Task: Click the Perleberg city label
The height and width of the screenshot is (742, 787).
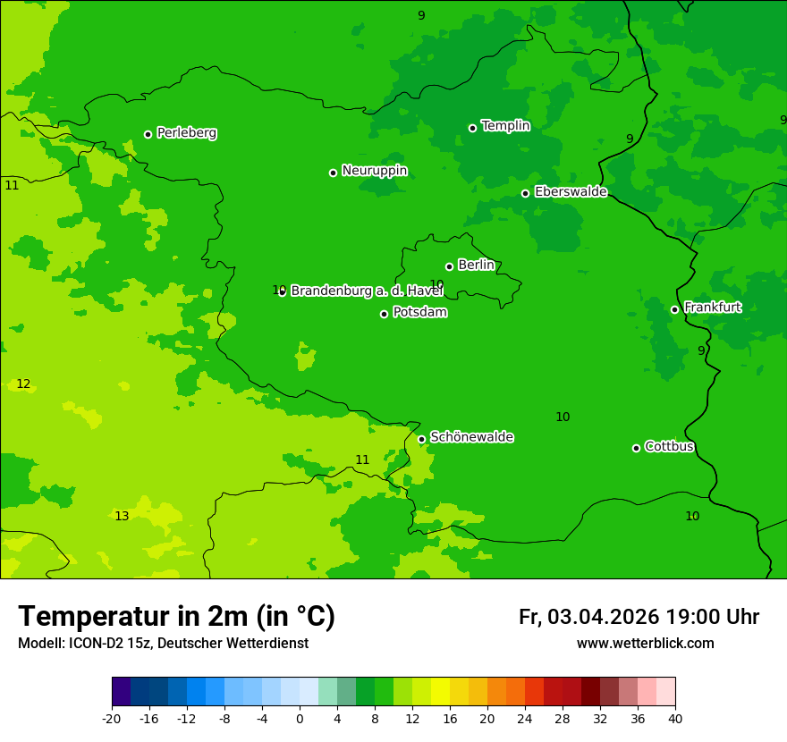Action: [186, 133]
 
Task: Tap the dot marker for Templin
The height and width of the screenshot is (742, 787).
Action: [472, 128]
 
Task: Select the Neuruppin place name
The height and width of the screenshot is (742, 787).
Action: [374, 171]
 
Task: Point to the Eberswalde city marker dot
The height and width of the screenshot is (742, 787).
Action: [525, 193]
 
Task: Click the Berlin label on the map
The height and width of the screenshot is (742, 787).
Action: [476, 265]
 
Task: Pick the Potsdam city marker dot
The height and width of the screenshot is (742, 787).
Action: [384, 314]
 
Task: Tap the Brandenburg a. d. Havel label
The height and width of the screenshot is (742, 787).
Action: [367, 291]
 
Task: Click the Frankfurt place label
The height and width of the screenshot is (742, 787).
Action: [712, 308]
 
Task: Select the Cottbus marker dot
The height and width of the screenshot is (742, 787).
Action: [636, 448]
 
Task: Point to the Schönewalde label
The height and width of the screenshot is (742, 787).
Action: [471, 437]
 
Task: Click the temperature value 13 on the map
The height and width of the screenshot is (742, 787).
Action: [122, 516]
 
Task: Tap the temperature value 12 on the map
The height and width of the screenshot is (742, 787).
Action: [23, 384]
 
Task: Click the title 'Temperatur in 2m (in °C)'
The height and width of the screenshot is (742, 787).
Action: [176, 617]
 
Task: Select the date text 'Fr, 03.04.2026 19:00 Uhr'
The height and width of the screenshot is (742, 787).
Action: [639, 617]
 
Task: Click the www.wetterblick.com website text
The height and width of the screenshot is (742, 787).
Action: [645, 644]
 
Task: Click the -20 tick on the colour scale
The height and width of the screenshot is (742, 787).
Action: [112, 718]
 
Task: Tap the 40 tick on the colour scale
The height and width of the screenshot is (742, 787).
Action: [675, 718]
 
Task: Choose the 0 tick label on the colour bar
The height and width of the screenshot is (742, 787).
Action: [300, 718]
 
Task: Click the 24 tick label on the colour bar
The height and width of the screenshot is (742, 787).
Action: [525, 718]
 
